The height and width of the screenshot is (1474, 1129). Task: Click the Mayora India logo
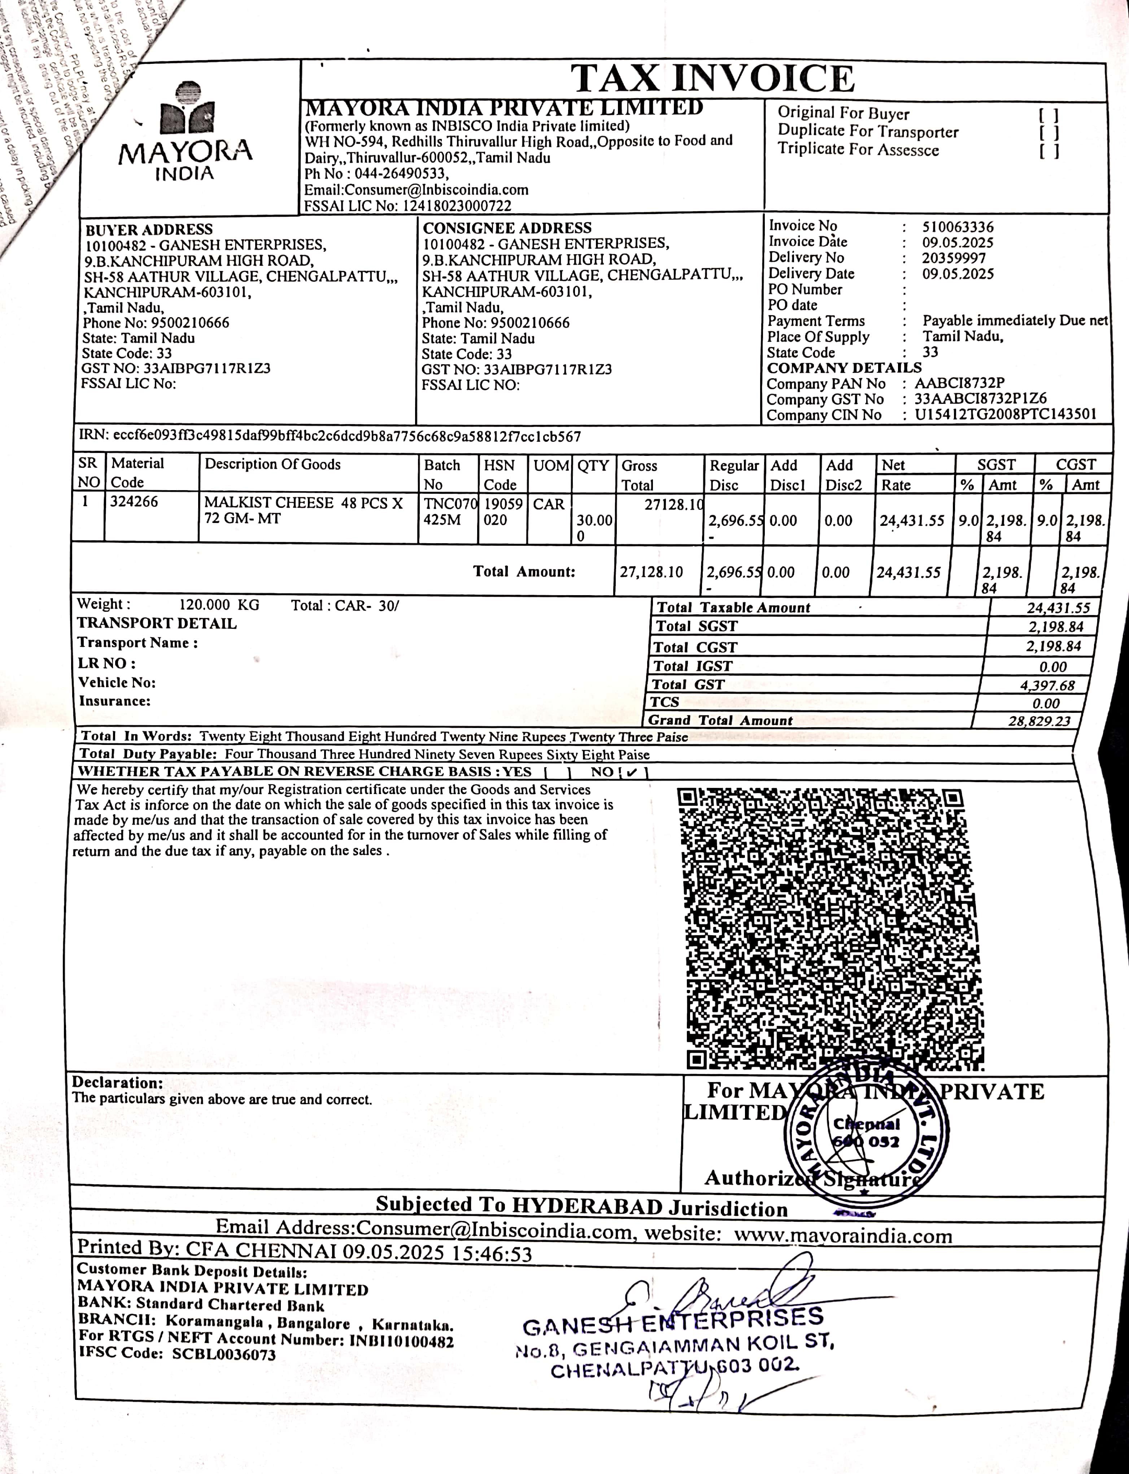point(186,131)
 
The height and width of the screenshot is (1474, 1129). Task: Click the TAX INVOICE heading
point(712,79)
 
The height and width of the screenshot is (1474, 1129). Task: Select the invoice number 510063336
point(958,227)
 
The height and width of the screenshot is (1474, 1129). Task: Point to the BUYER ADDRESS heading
point(148,229)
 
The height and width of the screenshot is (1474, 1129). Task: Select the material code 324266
point(134,502)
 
